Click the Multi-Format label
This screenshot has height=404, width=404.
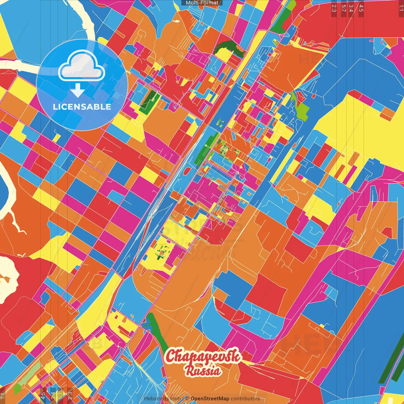202,3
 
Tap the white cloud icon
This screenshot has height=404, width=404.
81,66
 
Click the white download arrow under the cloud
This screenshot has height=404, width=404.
77,90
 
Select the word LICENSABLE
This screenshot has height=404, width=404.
82,107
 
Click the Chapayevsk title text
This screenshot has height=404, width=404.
202,356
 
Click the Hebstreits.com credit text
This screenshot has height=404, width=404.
162,399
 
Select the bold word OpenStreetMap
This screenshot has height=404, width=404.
210,399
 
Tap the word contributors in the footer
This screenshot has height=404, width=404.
245,399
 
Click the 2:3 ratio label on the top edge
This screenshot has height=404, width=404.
334,8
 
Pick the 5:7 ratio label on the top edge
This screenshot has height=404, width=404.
343,8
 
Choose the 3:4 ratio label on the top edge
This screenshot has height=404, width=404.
351,8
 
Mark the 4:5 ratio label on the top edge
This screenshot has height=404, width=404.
361,8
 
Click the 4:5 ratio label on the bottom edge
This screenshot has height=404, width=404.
43,395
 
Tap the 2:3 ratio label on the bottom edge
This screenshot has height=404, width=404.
70,395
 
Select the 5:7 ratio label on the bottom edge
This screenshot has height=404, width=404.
61,395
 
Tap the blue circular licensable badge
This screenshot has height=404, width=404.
82,85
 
